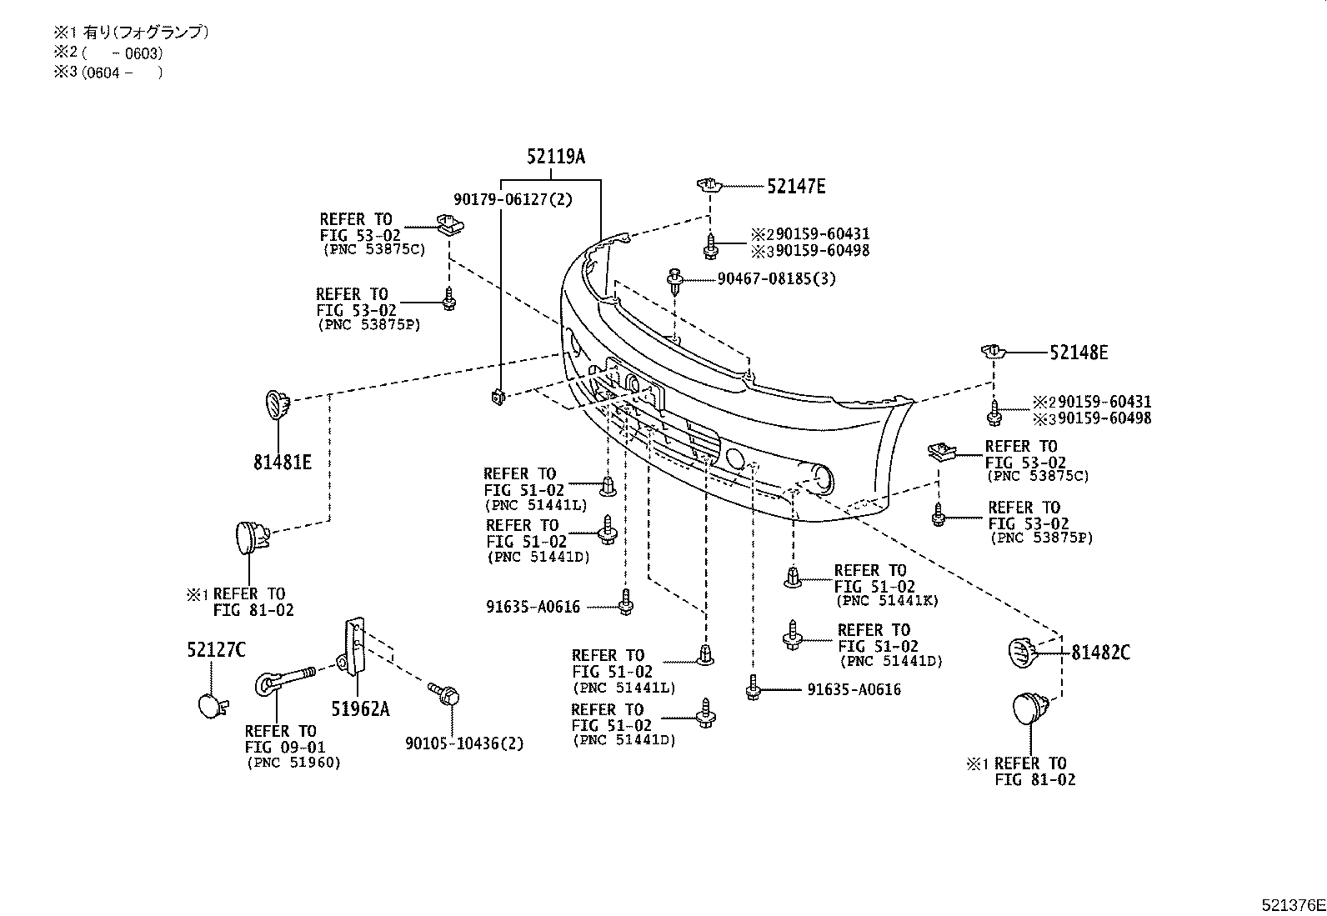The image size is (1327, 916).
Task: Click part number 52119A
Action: (555, 157)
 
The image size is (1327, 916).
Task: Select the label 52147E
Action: (795, 187)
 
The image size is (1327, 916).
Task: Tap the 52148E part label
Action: (1078, 353)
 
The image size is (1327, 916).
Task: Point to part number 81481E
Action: (282, 462)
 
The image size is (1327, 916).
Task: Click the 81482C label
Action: (1100, 653)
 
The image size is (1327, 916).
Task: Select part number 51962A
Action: (360, 709)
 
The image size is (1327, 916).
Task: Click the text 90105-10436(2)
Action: (464, 743)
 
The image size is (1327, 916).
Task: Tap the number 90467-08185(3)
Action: (775, 279)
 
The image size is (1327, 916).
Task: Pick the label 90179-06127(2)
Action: (513, 200)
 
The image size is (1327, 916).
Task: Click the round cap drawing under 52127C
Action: (211, 705)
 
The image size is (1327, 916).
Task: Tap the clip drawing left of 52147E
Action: (708, 184)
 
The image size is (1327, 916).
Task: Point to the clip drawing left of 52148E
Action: (992, 351)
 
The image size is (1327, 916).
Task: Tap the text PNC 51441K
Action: (887, 601)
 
